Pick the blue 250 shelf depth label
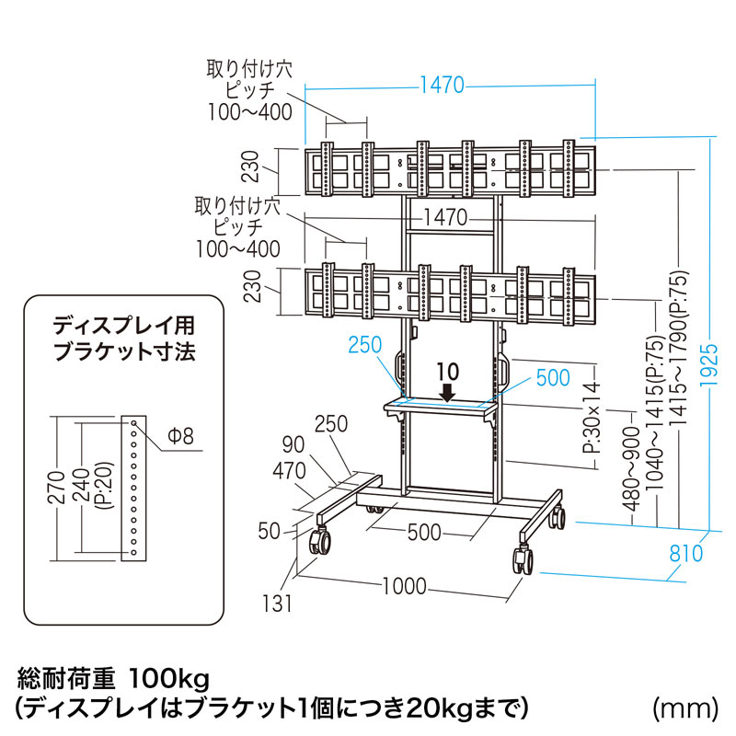[364, 346]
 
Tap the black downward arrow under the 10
[447, 393]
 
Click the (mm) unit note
[684, 707]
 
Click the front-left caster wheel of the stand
[322, 540]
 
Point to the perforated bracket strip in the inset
[134, 488]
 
